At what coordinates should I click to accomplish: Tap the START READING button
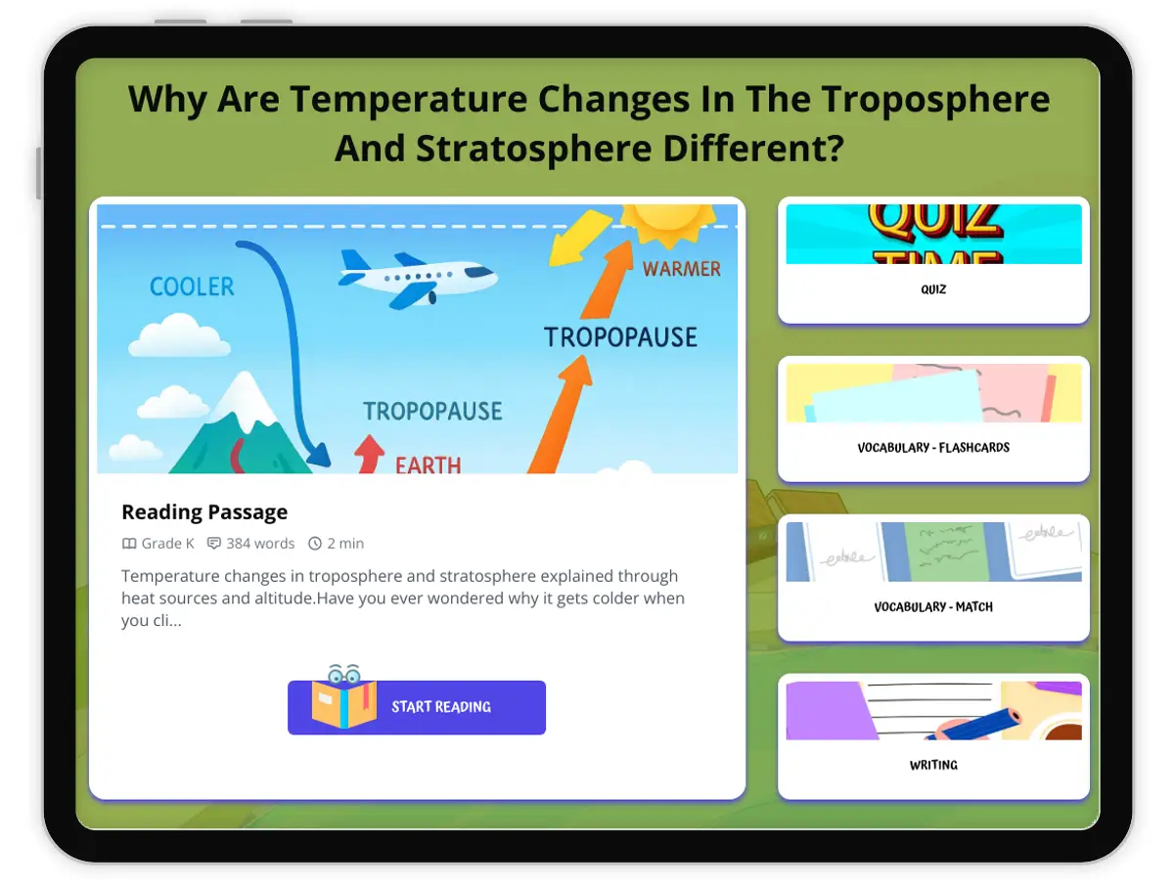pyautogui.click(x=417, y=707)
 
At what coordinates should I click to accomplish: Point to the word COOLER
pyautogui.click(x=192, y=287)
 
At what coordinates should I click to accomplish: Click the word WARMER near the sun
pyautogui.click(x=681, y=269)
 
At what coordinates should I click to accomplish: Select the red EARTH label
pyautogui.click(x=428, y=465)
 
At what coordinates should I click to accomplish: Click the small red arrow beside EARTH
pyautogui.click(x=369, y=454)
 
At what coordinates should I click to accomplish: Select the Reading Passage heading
pyautogui.click(x=204, y=511)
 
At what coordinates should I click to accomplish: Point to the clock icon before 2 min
pyautogui.click(x=315, y=544)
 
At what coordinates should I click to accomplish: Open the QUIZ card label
pyautogui.click(x=933, y=289)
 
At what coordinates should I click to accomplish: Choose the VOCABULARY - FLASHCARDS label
pyautogui.click(x=933, y=448)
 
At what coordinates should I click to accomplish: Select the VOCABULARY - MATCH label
pyautogui.click(x=933, y=607)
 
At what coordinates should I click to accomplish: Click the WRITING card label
pyautogui.click(x=933, y=766)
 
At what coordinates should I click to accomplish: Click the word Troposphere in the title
pyautogui.click(x=935, y=100)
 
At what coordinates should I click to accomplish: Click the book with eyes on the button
pyautogui.click(x=344, y=697)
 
